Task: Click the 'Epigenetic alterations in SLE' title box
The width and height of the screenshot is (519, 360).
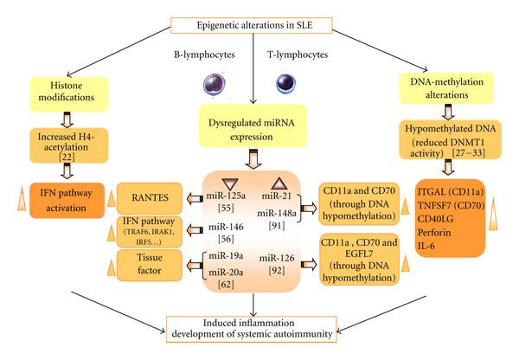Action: [251, 25]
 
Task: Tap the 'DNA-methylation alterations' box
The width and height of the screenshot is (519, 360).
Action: [446, 88]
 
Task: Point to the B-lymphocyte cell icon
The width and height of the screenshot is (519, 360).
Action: [215, 85]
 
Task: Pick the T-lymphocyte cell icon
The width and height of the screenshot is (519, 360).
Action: [285, 83]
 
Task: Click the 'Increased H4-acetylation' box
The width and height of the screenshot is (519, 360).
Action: [69, 145]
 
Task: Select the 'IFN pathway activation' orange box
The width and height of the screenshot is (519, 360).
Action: [67, 201]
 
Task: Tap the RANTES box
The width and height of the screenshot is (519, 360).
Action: [150, 198]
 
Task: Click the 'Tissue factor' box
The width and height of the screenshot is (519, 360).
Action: [150, 266]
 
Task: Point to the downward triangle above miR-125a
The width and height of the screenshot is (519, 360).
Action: [230, 184]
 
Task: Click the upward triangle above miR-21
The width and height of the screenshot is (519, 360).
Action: [279, 183]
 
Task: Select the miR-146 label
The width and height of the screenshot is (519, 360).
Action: [226, 228]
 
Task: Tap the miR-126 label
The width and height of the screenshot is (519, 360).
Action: [277, 258]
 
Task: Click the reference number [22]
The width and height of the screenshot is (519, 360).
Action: [67, 157]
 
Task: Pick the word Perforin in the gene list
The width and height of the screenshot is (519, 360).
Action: [434, 233]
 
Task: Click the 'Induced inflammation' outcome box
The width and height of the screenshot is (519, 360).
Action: [251, 329]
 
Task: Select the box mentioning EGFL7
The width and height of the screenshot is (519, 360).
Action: [360, 260]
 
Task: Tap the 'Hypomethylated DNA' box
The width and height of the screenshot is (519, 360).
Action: [450, 140]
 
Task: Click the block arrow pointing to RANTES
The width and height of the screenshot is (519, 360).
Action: [195, 199]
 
